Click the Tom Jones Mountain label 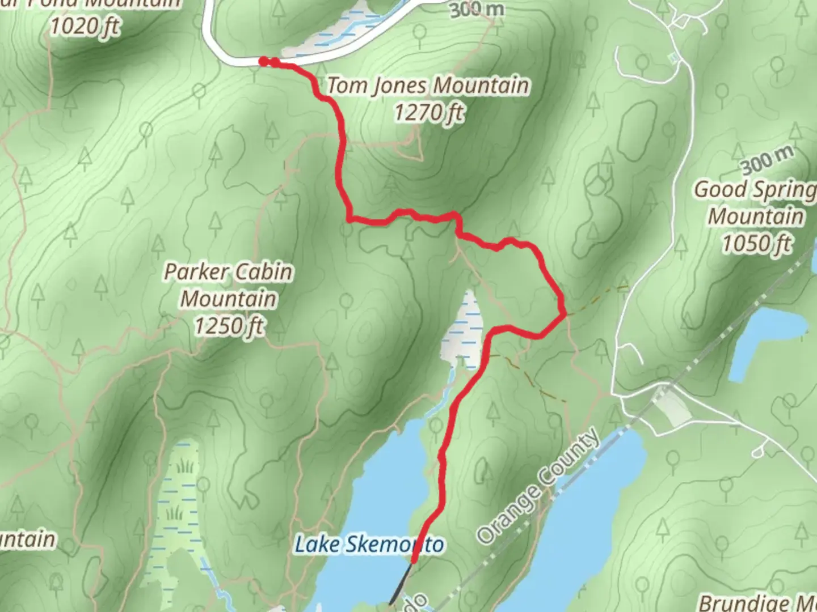[x=428, y=86]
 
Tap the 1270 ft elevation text [x=428, y=113]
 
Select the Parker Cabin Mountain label [x=229, y=285]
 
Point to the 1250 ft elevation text [x=229, y=326]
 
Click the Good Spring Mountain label [x=755, y=203]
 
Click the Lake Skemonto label [x=369, y=545]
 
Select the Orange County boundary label [x=538, y=486]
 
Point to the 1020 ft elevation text [x=85, y=26]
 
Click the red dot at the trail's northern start [x=263, y=61]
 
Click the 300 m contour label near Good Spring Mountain [x=767, y=161]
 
